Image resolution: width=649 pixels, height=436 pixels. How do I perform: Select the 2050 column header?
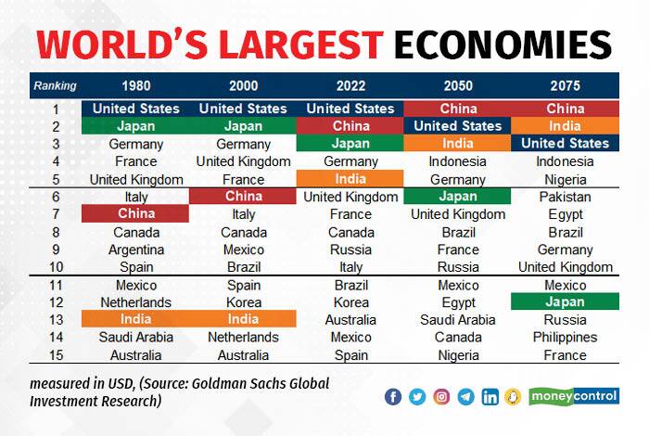pos(458,86)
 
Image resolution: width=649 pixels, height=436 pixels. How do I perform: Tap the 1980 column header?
pos(136,86)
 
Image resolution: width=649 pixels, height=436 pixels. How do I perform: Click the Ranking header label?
pos(55,86)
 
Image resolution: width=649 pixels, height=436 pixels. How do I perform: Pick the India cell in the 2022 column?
pos(350,179)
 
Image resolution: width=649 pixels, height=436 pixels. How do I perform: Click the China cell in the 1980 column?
pos(136,214)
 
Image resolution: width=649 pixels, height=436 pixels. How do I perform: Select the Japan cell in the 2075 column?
pos(565,302)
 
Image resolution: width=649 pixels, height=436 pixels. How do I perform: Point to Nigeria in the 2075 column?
pos(565,179)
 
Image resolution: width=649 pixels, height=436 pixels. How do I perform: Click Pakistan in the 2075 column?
pos(565,197)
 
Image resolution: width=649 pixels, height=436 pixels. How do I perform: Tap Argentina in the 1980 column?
pos(136,250)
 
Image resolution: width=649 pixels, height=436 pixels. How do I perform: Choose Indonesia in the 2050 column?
pos(458,161)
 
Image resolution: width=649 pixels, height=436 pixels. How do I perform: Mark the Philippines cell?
pos(565,338)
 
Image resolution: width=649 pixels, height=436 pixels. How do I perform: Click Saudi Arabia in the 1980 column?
pos(136,338)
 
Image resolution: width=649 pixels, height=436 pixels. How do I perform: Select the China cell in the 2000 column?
pos(243,197)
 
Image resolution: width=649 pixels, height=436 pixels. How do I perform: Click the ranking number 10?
pos(55,267)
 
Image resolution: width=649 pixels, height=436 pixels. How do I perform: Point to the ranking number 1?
pos(55,109)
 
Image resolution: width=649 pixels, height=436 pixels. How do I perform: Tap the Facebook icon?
pos(393,397)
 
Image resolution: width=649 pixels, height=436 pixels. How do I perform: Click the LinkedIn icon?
pos(489,397)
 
